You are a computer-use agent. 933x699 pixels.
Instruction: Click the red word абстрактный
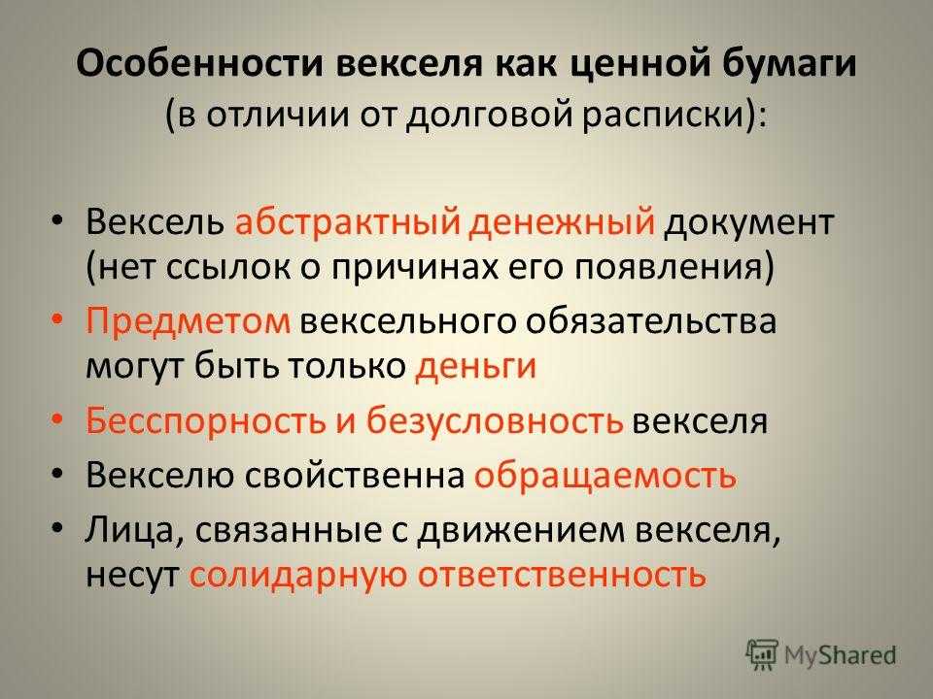(348, 222)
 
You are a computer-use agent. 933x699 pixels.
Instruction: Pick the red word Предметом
(188, 322)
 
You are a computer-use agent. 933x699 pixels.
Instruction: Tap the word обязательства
(650, 321)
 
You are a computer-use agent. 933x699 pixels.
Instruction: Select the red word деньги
(476, 367)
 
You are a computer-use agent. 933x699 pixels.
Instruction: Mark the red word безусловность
(495, 419)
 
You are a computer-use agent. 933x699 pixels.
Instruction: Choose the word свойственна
(355, 476)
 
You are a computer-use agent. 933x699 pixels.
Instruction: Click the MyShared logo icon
(761, 654)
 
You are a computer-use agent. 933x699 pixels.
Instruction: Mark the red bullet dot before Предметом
(56, 320)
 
